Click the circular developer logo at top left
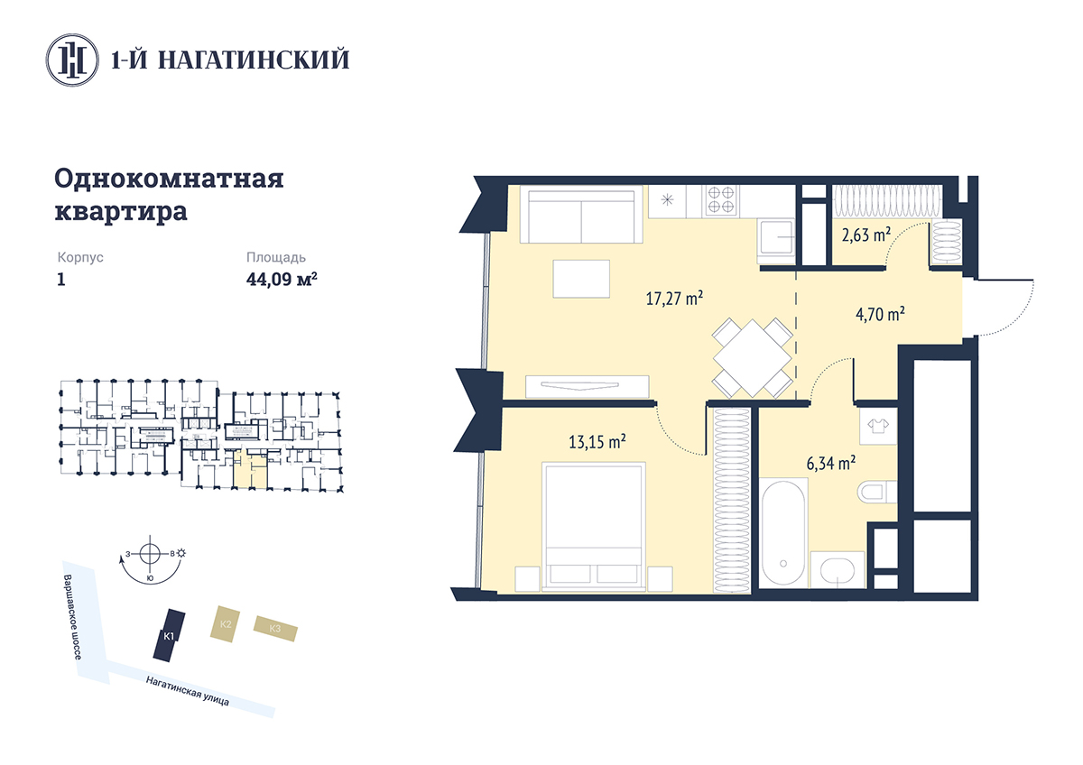point(72,60)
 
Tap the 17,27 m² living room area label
point(674,299)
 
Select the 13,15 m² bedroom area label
point(597,442)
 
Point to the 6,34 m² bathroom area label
point(831,463)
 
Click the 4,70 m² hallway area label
point(881,314)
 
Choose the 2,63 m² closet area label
point(866,235)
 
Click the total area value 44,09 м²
point(282,280)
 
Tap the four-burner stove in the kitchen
point(721,200)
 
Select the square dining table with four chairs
point(753,357)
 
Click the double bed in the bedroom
point(594,527)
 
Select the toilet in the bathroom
point(877,493)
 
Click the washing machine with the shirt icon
point(878,426)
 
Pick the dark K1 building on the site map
point(170,635)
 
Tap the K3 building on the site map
point(275,628)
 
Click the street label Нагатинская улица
point(188,691)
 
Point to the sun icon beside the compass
point(181,553)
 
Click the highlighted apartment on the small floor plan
point(250,469)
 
